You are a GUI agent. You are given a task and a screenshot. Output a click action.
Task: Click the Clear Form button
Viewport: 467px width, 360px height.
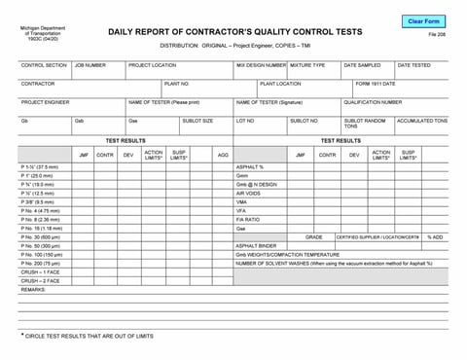coord(423,20)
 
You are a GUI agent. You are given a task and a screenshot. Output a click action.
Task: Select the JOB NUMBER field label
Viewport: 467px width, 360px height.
coord(90,65)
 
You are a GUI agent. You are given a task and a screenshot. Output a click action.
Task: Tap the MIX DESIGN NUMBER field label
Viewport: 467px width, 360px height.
coord(260,65)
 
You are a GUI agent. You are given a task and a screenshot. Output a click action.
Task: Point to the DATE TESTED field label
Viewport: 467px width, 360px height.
coord(413,65)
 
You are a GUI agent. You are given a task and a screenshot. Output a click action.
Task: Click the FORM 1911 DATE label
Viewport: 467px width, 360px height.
coord(376,84)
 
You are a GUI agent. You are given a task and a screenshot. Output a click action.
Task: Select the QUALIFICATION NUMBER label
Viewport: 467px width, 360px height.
coord(372,102)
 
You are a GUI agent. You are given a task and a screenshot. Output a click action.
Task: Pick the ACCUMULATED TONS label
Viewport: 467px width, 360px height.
coord(421,121)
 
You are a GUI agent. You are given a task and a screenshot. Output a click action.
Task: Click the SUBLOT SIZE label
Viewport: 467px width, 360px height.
coord(198,121)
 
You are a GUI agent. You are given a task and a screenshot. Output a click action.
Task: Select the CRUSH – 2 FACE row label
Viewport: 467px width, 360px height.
coord(41,280)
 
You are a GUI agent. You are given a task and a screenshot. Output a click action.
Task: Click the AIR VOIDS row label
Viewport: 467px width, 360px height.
coord(248,193)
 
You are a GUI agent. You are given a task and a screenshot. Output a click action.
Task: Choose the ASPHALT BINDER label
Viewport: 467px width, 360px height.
coord(256,245)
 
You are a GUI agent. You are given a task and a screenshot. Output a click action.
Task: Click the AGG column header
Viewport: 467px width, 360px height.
coord(223,155)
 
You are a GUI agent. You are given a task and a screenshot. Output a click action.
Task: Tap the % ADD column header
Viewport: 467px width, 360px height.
coord(434,236)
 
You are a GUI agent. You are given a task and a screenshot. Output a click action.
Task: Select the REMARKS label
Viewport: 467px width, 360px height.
coord(33,289)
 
